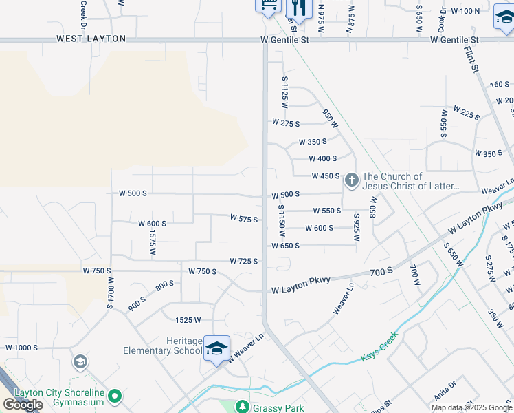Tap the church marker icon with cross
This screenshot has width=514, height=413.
(351, 181)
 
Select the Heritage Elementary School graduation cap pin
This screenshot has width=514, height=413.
(216, 348)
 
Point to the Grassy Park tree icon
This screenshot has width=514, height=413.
(242, 407)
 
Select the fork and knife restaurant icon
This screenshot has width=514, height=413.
(298, 7)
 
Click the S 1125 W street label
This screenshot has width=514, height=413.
(283, 92)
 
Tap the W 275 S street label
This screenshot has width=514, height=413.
(286, 123)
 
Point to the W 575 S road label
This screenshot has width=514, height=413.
(243, 220)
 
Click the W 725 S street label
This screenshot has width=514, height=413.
(243, 261)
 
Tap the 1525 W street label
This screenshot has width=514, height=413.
(188, 319)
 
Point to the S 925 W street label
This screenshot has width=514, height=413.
(357, 226)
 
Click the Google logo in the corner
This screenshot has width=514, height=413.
(23, 405)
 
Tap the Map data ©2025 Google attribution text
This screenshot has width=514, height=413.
(471, 407)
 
